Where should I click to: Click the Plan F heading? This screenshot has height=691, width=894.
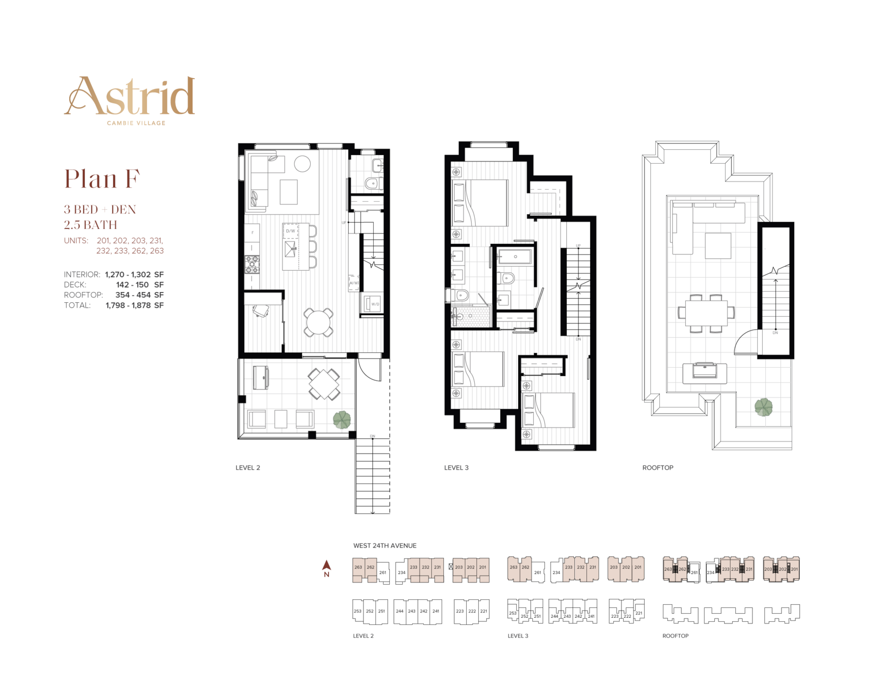click(102, 179)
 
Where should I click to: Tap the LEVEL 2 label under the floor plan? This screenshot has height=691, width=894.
click(248, 468)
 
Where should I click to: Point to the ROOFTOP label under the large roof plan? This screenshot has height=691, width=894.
click(657, 468)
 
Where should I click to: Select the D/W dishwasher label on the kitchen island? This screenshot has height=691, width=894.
click(290, 231)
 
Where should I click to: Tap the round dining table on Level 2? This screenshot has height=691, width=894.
click(318, 322)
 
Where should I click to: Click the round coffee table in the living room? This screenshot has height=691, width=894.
click(302, 164)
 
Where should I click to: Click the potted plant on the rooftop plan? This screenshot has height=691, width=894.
click(764, 407)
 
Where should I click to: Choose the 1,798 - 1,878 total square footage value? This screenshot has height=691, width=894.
click(134, 305)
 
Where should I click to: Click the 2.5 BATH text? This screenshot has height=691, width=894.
click(91, 225)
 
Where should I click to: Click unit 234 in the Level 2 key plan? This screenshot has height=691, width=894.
click(401, 573)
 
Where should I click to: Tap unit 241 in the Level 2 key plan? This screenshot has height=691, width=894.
click(436, 611)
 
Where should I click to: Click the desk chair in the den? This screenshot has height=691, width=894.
click(261, 311)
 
